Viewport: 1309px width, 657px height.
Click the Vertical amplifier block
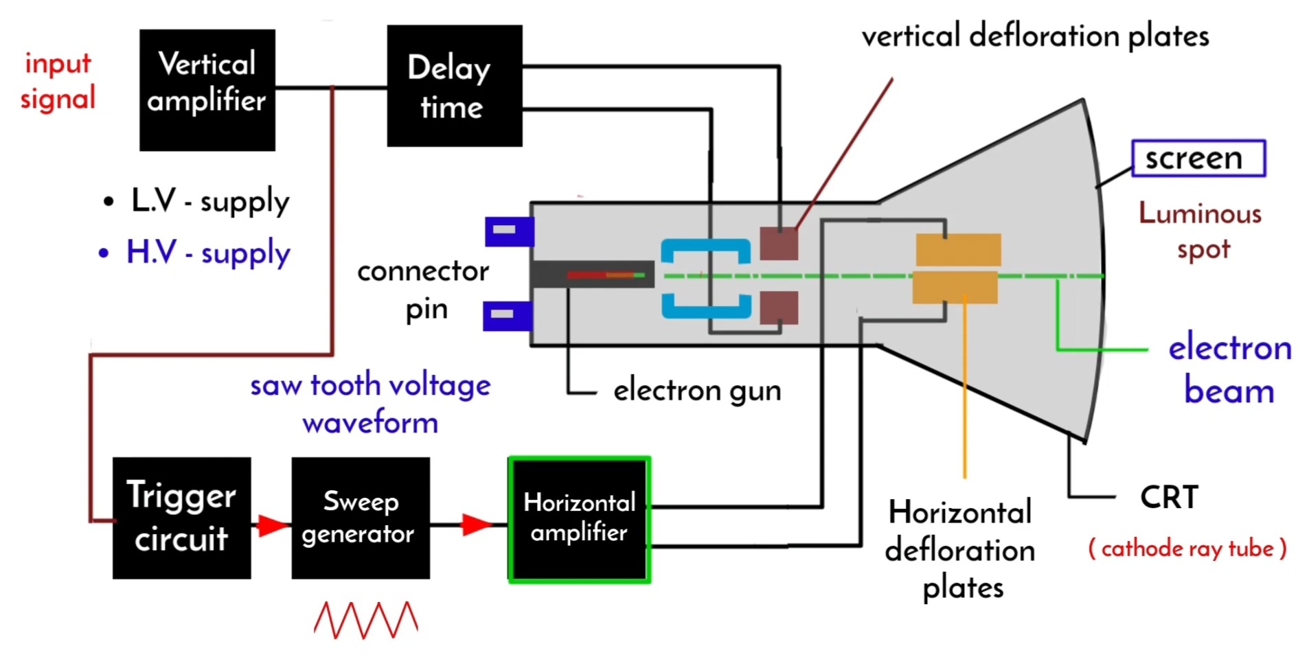pyautogui.click(x=207, y=89)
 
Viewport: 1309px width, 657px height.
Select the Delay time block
pyautogui.click(x=454, y=86)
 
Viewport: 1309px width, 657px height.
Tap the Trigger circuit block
pyautogui.click(x=181, y=518)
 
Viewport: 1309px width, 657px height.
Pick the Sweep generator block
pyautogui.click(x=360, y=518)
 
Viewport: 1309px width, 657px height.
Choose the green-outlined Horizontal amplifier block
pyautogui.click(x=579, y=520)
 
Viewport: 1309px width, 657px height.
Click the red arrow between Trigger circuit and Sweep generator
pyautogui.click(x=272, y=526)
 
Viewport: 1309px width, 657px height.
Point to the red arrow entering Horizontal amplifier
pyautogui.click(x=477, y=525)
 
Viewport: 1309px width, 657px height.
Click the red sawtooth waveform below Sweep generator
pyautogui.click(x=366, y=620)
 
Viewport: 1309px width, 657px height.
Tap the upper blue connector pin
pyautogui.click(x=509, y=231)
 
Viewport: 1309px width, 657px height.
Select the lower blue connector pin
pyautogui.click(x=507, y=316)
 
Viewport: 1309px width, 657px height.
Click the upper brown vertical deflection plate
pyautogui.click(x=779, y=243)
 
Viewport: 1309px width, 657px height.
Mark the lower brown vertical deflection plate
pyautogui.click(x=779, y=307)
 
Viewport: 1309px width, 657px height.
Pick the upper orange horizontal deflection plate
pyautogui.click(x=958, y=249)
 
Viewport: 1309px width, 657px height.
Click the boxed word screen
pyautogui.click(x=1198, y=159)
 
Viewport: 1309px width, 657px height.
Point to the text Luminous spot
pyautogui.click(x=1200, y=231)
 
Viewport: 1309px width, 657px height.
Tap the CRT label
pyautogui.click(x=1169, y=497)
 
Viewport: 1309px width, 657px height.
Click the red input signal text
pyautogui.click(x=58, y=81)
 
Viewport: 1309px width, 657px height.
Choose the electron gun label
pyautogui.click(x=696, y=391)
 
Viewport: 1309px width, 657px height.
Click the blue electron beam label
pyautogui.click(x=1229, y=369)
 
